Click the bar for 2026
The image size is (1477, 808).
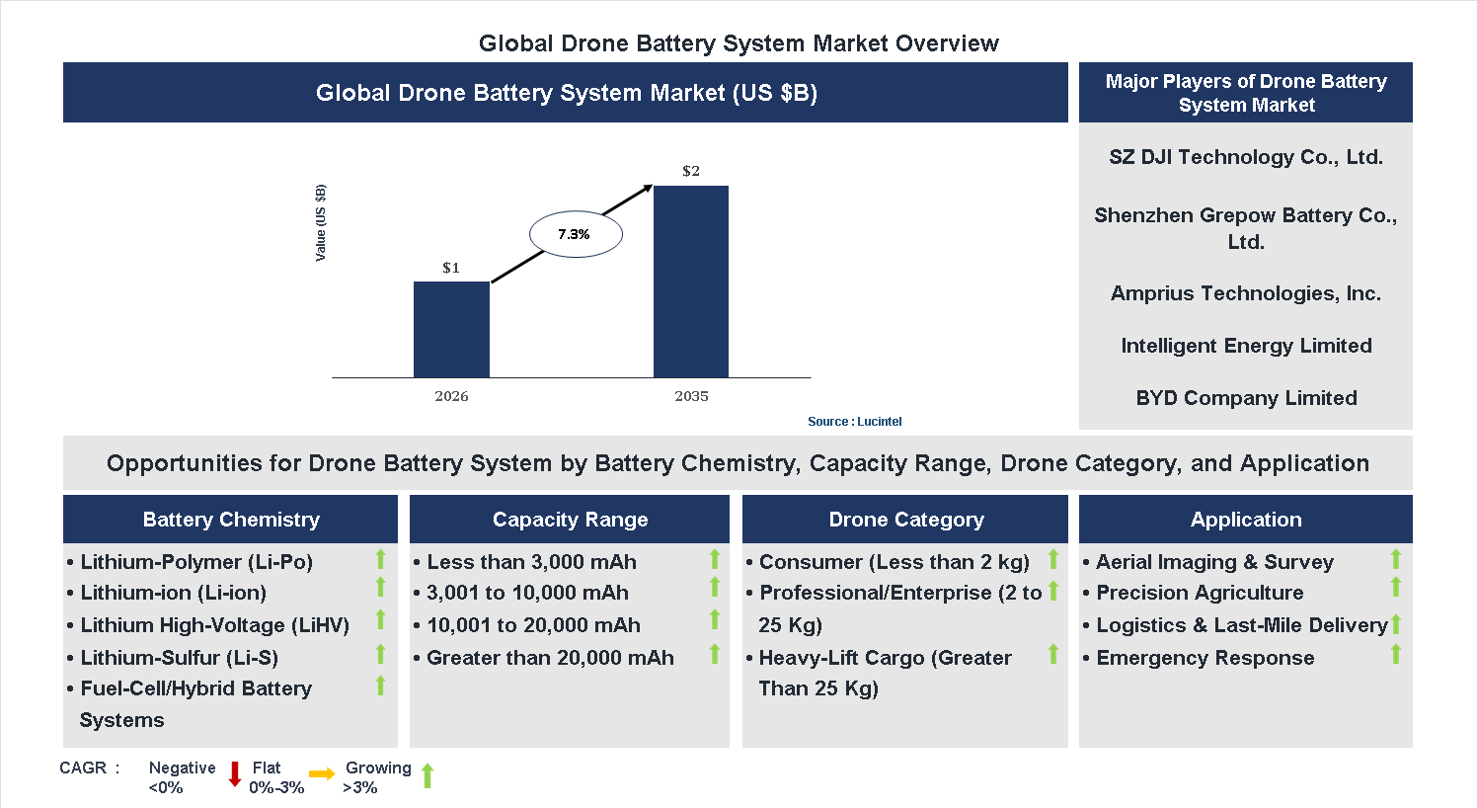pos(451,329)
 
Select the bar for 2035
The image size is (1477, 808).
pos(691,282)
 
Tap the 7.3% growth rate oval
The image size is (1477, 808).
pos(576,235)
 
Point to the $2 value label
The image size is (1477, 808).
pos(691,171)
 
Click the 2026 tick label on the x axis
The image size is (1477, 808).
pos(451,396)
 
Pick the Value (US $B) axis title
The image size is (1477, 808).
pos(320,223)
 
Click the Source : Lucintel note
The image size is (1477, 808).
pos(854,422)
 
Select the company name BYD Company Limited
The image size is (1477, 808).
pos(1246,398)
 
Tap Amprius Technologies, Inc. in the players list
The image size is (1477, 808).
pos(1246,293)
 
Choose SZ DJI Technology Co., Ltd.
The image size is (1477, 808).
pos(1246,157)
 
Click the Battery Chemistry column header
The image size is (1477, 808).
pos(231,520)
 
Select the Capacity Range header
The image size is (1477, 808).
pos(570,520)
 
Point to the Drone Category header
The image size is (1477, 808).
pos(906,520)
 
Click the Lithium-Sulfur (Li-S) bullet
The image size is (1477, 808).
pos(179,658)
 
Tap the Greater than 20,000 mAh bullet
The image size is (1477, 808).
pos(550,658)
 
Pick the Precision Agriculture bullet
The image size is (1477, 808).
pos(1200,593)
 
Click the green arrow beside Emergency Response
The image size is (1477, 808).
pos(1396,654)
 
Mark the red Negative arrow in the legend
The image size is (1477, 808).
pos(235,774)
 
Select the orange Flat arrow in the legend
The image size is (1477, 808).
pos(322,774)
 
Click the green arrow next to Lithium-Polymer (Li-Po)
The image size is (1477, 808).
pos(380,559)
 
